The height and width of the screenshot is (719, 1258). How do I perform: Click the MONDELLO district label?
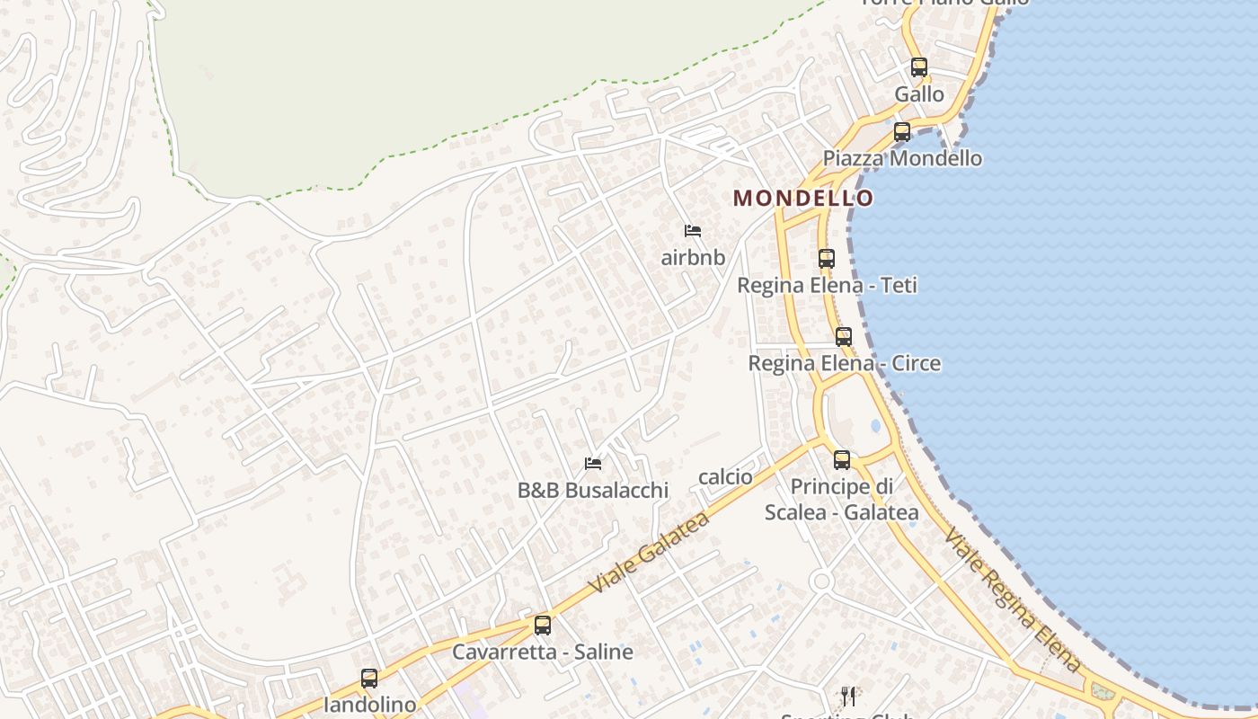[803, 199]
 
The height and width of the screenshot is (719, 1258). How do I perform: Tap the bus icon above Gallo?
[918, 67]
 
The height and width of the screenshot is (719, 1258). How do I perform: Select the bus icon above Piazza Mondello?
[902, 132]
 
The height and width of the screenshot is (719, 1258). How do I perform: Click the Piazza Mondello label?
[902, 159]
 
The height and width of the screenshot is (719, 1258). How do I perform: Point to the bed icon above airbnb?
[693, 231]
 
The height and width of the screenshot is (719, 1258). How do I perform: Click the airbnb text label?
[693, 258]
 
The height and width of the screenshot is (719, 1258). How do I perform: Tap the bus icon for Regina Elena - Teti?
[827, 259]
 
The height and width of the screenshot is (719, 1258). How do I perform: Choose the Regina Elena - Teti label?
[827, 286]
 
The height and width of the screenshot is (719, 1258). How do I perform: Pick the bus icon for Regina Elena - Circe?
[844, 337]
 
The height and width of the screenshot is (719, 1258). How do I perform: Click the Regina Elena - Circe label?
[844, 364]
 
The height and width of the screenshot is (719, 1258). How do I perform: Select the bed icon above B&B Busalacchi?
[593, 464]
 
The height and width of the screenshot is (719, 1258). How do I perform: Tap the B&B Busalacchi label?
[593, 491]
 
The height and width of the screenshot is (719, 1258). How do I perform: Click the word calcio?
[725, 477]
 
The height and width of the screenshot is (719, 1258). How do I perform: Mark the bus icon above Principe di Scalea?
[842, 460]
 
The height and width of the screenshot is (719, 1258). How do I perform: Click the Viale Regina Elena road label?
[1012, 599]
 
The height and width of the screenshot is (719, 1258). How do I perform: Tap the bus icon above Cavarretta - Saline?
[543, 626]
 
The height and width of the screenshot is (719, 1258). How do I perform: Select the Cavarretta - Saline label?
[543, 652]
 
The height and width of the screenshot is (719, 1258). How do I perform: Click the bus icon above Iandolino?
[369, 679]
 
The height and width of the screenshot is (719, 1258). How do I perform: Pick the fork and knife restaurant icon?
[848, 697]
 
